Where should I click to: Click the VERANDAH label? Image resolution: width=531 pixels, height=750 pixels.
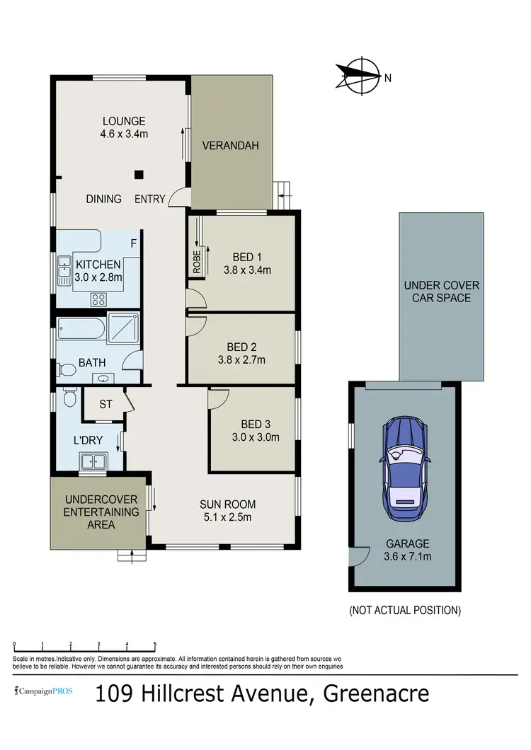point(231,146)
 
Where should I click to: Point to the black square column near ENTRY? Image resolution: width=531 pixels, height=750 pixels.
point(139,175)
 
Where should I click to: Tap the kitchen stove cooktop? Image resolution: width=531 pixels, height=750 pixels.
point(98,299)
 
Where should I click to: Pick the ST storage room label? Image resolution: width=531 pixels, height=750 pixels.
point(105,405)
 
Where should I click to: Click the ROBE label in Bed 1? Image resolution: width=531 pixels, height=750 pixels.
point(197,262)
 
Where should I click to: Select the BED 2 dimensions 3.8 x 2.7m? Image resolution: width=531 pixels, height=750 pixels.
point(241,359)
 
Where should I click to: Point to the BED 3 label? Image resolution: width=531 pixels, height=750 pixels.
point(255,425)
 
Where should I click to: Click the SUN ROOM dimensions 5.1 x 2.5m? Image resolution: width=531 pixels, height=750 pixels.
point(227,517)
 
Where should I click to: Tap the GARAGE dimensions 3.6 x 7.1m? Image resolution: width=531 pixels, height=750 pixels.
point(407,556)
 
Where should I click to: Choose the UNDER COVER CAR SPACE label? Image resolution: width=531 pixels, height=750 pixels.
point(440,292)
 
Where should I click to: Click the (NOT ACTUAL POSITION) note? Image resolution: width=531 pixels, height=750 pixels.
point(404,609)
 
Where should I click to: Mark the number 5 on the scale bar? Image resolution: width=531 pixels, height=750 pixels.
point(154,645)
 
